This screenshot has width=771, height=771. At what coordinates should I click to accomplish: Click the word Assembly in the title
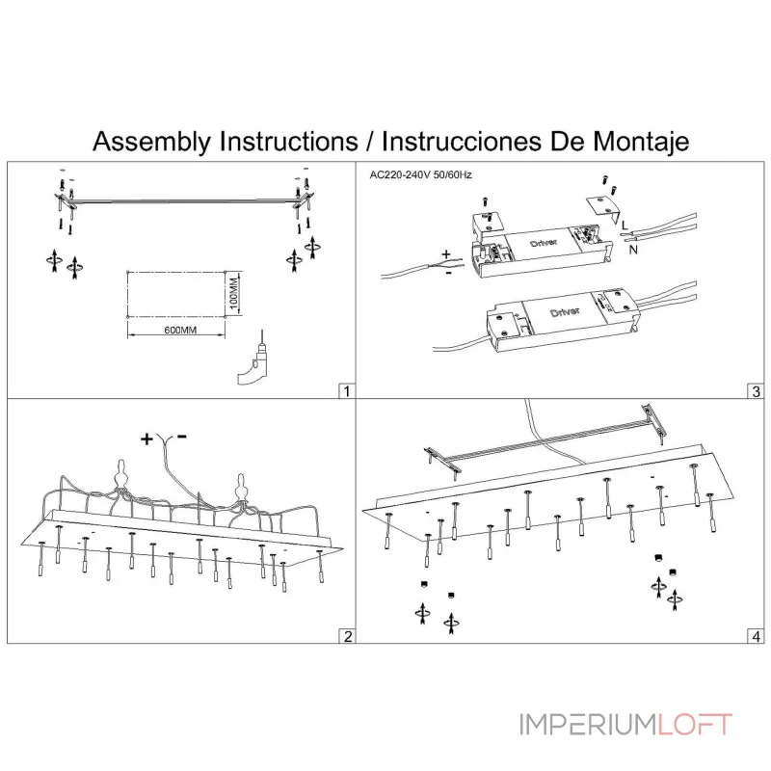[152, 142]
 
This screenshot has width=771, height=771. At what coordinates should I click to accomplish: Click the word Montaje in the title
[641, 142]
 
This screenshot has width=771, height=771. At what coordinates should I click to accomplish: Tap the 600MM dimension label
[180, 330]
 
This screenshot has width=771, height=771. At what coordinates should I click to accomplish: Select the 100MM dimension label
[234, 293]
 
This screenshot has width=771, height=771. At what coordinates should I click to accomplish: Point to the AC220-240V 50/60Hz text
[420, 175]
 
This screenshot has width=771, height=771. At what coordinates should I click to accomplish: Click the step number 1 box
[347, 391]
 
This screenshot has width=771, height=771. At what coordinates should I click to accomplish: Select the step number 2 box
[347, 636]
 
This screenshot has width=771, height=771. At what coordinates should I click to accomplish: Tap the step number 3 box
[757, 391]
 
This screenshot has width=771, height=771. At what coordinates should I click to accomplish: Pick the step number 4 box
[757, 636]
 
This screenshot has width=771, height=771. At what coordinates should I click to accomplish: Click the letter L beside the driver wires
[625, 226]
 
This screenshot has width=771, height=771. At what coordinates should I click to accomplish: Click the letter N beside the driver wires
[633, 250]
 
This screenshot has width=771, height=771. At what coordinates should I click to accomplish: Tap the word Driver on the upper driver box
[544, 243]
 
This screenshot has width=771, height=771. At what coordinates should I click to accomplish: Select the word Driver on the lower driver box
[565, 312]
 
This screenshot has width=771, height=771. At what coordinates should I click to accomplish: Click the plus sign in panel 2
[147, 439]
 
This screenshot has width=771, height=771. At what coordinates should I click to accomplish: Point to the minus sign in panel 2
[182, 437]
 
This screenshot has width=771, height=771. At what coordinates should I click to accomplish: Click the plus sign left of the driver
[446, 254]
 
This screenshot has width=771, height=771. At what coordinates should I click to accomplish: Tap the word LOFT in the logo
[695, 725]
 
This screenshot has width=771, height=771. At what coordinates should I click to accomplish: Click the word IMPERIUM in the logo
[589, 725]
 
